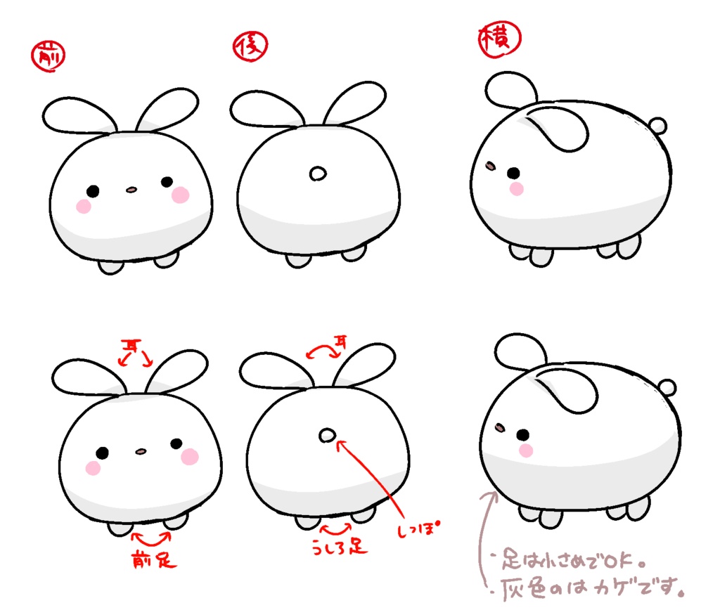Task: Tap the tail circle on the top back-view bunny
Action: (319, 173)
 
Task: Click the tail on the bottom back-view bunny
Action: (326, 436)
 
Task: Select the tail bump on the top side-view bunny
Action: (658, 126)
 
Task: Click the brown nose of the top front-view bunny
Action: (131, 189)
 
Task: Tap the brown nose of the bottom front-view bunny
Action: (141, 450)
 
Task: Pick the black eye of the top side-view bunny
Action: (513, 173)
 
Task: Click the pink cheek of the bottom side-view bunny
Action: (525, 450)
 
